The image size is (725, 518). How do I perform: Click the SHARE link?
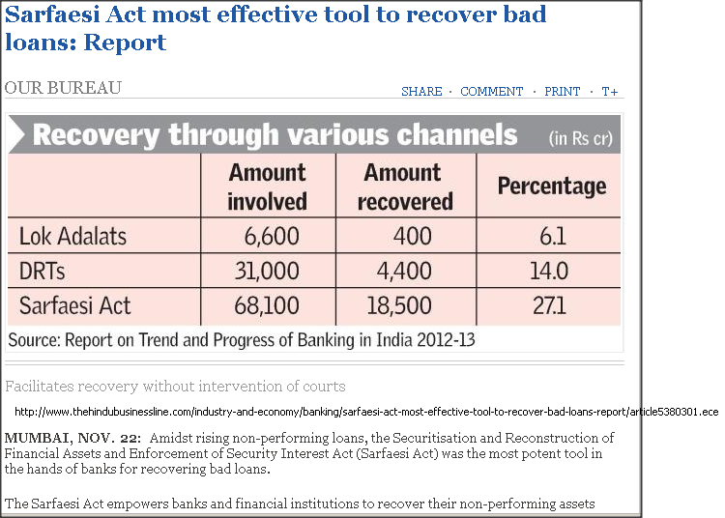click(421, 92)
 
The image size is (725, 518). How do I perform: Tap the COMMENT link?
click(491, 92)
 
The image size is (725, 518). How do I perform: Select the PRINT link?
click(563, 92)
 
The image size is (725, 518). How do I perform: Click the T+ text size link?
click(610, 92)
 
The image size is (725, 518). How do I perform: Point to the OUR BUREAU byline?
click(63, 88)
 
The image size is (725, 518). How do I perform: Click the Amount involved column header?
click(267, 187)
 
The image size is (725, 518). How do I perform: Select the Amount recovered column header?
click(405, 187)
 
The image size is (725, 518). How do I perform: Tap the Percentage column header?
click(552, 187)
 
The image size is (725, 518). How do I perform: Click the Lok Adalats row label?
click(72, 236)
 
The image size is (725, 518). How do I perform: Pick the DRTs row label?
click(43, 271)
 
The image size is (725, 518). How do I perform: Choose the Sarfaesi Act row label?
click(74, 305)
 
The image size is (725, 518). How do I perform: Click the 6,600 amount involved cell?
click(272, 236)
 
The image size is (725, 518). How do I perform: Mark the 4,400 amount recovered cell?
click(404, 271)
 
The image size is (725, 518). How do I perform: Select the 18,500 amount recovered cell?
click(399, 305)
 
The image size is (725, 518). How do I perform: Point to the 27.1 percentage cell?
click(549, 305)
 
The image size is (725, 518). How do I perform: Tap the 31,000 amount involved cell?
click(267, 271)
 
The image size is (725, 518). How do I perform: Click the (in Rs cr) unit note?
click(581, 138)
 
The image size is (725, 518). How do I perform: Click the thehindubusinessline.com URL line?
click(366, 412)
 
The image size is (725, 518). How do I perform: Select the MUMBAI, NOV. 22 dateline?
click(73, 438)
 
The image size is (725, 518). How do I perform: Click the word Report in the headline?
click(125, 43)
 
